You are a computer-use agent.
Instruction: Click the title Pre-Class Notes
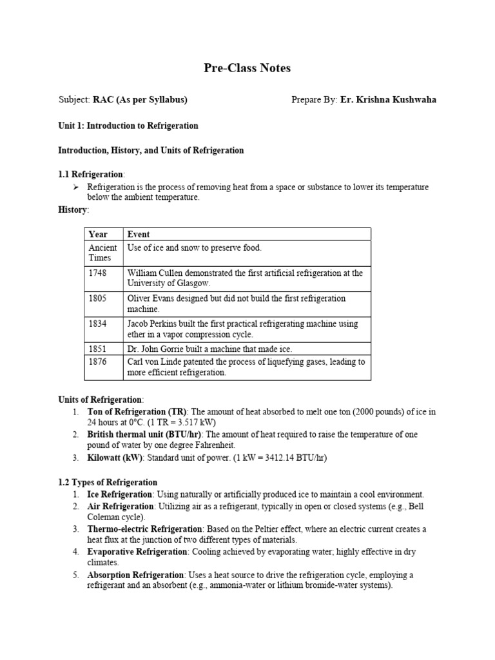point(247,68)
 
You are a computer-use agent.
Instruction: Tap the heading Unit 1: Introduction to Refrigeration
point(128,126)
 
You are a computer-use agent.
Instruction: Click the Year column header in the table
point(98,235)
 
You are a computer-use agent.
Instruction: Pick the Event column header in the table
point(139,235)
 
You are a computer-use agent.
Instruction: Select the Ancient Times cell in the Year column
point(102,253)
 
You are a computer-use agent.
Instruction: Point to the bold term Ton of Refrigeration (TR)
point(137,411)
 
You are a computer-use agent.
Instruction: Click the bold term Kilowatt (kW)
point(112,458)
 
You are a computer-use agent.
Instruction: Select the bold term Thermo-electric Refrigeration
point(144,529)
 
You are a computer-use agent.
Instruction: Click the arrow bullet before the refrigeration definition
point(75,187)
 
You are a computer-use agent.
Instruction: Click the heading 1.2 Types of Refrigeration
point(108,482)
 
